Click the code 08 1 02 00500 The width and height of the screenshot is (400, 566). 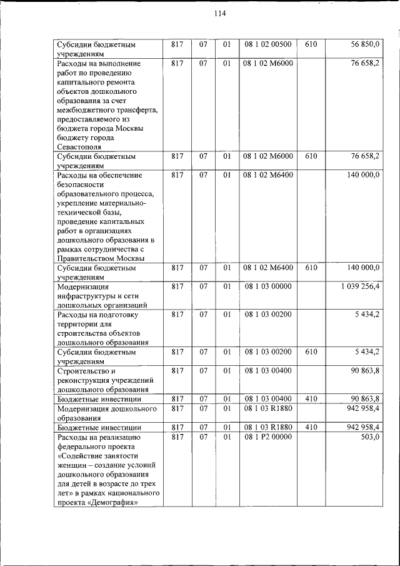pos(267,45)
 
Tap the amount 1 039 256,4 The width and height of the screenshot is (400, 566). pos(361,286)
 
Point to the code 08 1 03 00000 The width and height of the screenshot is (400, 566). pos(267,286)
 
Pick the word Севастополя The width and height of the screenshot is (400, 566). pos(81,146)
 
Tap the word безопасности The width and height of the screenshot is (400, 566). pos(82,184)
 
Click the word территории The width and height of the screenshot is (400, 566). pos(77,324)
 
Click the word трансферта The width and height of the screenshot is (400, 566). pos(133,110)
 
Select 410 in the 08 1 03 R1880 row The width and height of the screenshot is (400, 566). pos(312,427)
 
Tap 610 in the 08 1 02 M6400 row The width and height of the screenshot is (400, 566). pos(312,268)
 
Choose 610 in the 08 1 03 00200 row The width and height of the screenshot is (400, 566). pos(312,352)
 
